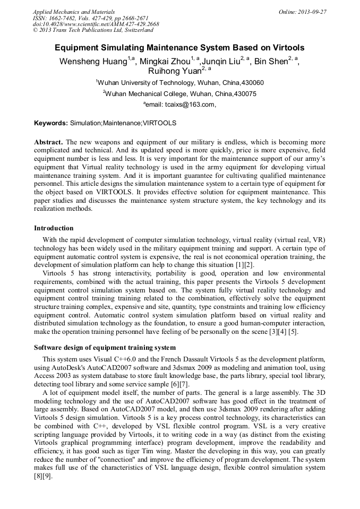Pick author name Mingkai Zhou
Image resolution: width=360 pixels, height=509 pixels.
(165, 62)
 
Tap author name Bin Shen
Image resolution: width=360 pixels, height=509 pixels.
(271, 62)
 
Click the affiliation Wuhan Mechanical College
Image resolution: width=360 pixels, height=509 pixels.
(147, 94)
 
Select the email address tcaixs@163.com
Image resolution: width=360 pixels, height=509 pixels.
(189, 105)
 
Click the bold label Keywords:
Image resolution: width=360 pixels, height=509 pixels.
(51, 123)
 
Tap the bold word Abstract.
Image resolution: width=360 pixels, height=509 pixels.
(48, 143)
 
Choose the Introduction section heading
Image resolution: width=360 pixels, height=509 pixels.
(54, 228)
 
